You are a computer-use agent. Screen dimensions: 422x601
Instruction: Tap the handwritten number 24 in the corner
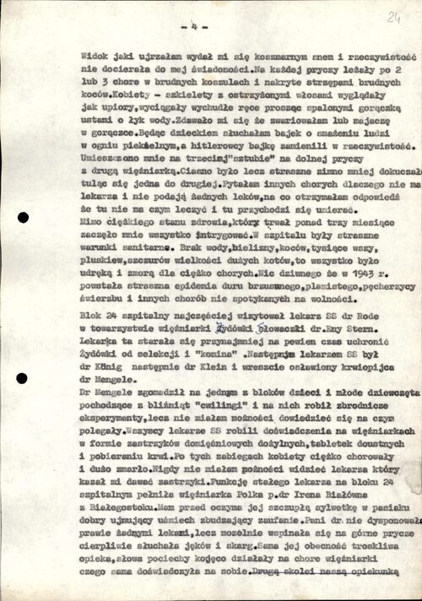393,17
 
